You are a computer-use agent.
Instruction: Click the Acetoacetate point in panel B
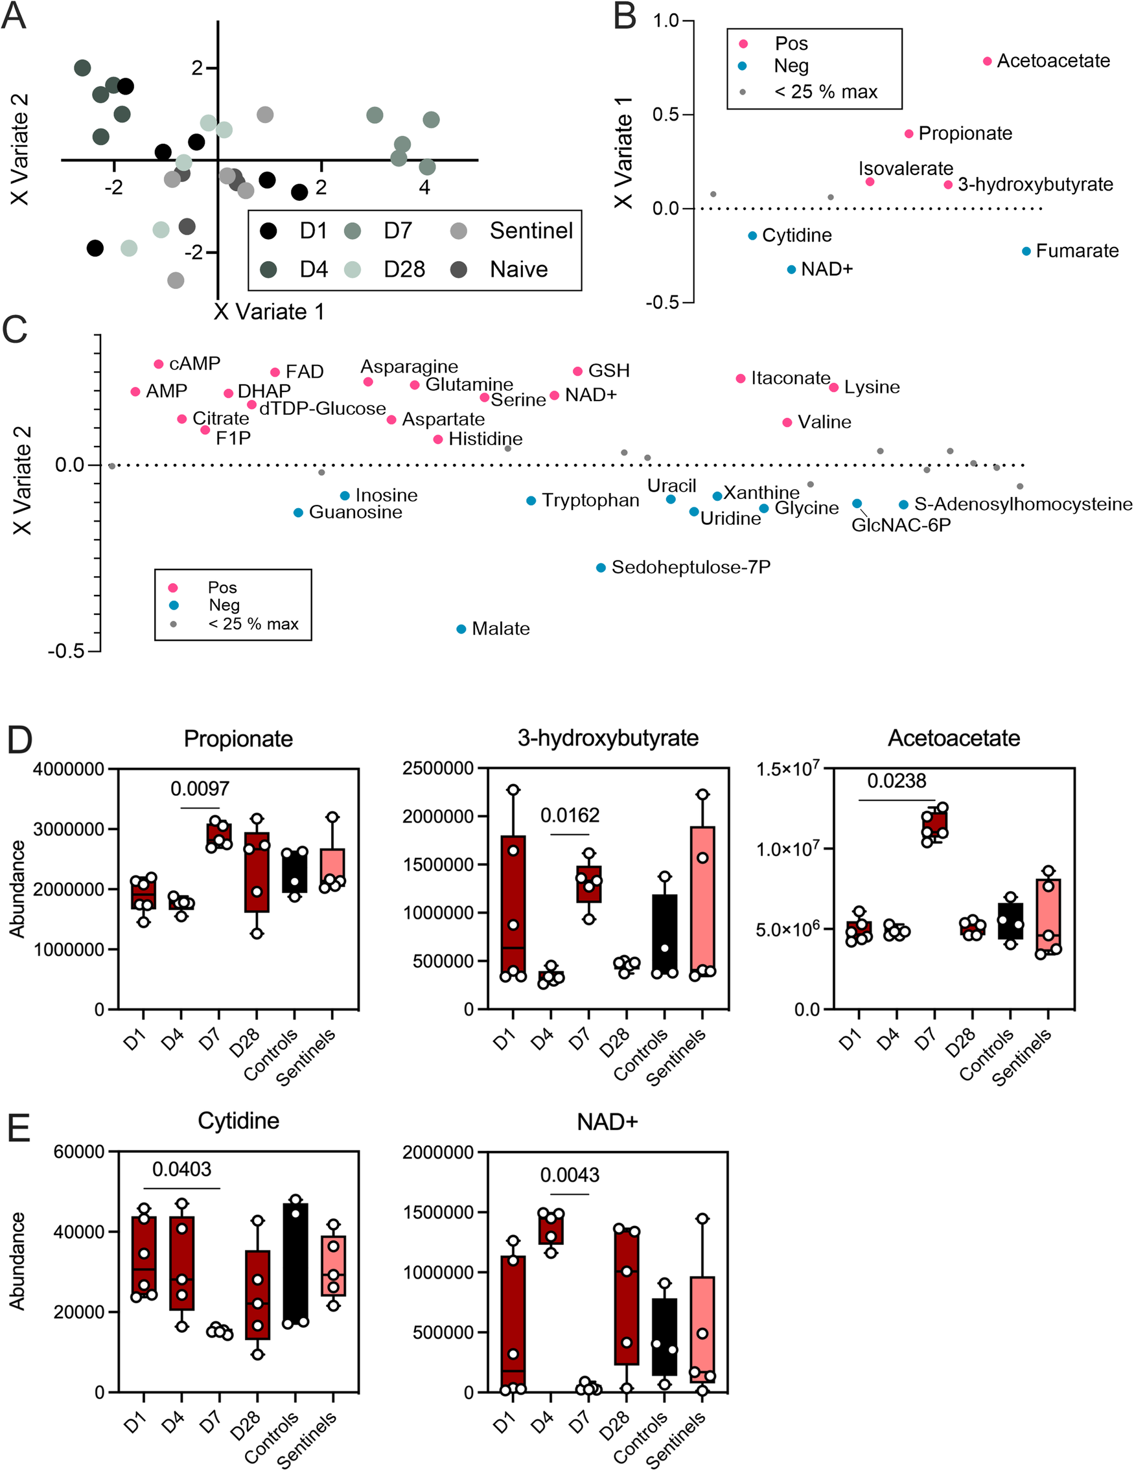[987, 62]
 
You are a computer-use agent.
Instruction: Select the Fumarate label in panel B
[1077, 251]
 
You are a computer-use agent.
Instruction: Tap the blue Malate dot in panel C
[461, 629]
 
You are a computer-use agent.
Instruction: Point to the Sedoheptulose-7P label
[690, 568]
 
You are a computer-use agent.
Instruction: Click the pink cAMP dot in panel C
[159, 364]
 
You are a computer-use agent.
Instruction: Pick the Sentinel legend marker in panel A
[459, 231]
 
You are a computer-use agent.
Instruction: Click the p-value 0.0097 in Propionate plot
[200, 789]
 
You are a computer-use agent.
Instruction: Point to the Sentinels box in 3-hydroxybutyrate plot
[702, 899]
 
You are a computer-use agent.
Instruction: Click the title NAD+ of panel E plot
[607, 1122]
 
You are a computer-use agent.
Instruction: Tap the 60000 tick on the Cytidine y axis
[78, 1152]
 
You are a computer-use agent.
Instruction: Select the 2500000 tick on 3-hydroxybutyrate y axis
[437, 769]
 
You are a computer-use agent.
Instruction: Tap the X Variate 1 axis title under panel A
[269, 312]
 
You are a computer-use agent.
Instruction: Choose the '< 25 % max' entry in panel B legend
[826, 91]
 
